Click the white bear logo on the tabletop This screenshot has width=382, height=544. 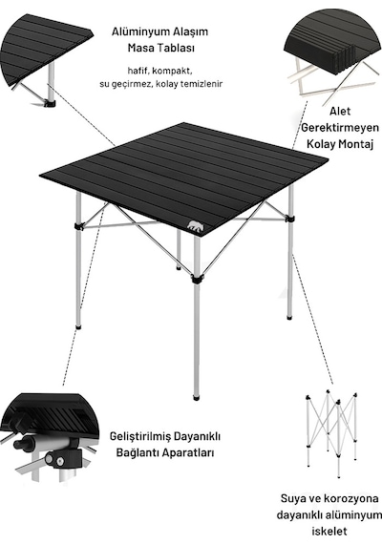(x=196, y=226)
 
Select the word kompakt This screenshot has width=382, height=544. (x=172, y=72)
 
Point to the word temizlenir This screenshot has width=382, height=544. (x=202, y=84)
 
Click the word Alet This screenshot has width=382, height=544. (x=340, y=112)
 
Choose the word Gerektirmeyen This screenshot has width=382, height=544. (x=340, y=128)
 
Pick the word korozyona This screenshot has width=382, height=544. (x=351, y=498)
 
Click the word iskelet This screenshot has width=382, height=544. (x=329, y=531)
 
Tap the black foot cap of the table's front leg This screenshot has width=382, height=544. (x=197, y=396)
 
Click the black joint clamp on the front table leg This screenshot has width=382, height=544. (x=197, y=279)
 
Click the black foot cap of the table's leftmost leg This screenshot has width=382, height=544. (x=78, y=326)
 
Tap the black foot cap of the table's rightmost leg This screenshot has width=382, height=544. (x=289, y=317)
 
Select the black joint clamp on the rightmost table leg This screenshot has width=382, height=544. (x=290, y=220)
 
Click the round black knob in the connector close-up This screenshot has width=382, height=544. (x=19, y=445)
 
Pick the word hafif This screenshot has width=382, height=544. (x=138, y=71)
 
